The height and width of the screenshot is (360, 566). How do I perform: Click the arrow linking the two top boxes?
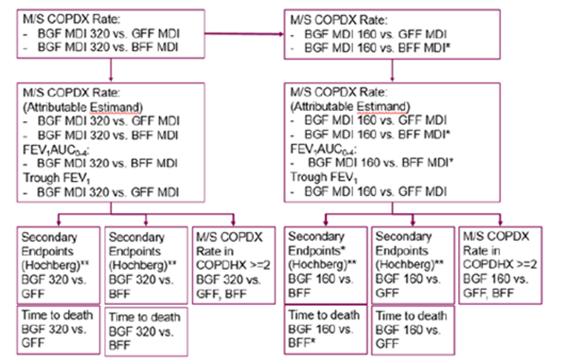pos(244,33)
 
